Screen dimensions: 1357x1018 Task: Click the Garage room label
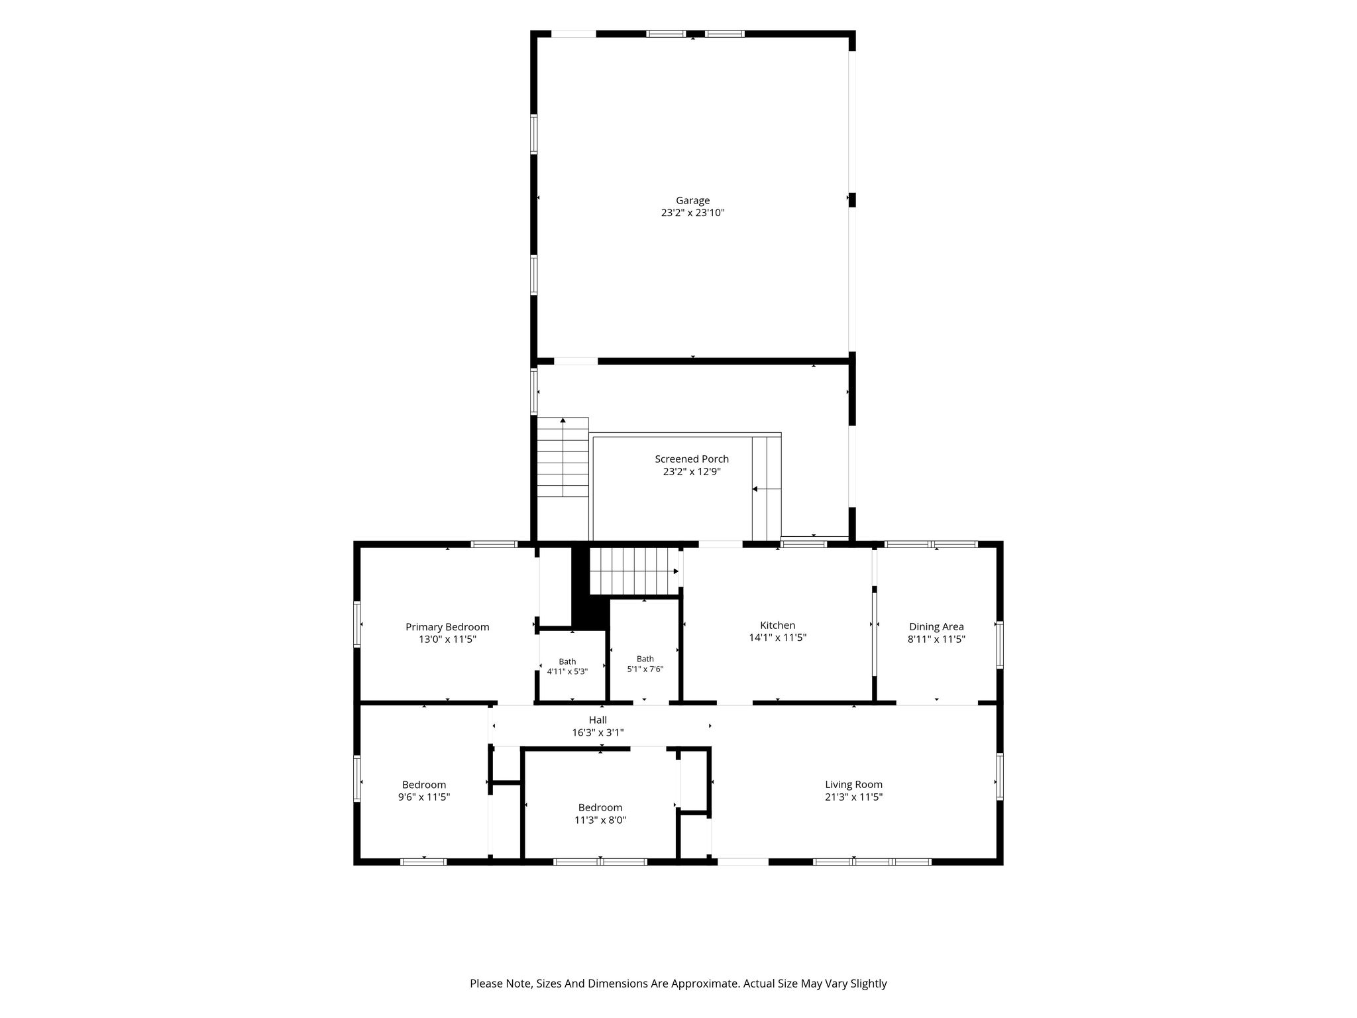pyautogui.click(x=692, y=200)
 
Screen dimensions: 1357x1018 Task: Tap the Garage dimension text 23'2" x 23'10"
pyautogui.click(x=692, y=213)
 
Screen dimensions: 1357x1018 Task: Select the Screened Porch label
pyautogui.click(x=692, y=459)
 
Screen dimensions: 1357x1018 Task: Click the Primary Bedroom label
pyautogui.click(x=447, y=627)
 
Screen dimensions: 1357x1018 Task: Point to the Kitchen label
pyautogui.click(x=777, y=625)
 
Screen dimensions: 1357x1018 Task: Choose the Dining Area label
pyautogui.click(x=936, y=627)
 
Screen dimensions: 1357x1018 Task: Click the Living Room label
pyautogui.click(x=853, y=785)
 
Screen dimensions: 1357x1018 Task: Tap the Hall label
pyautogui.click(x=598, y=720)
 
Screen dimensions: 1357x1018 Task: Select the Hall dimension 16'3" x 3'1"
pyautogui.click(x=598, y=733)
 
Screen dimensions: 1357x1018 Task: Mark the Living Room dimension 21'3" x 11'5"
pyautogui.click(x=853, y=797)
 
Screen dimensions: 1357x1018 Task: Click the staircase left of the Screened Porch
pyautogui.click(x=563, y=457)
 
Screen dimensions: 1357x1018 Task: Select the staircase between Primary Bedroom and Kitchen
pyautogui.click(x=635, y=571)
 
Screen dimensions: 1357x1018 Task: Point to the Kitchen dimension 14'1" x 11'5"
pyautogui.click(x=777, y=638)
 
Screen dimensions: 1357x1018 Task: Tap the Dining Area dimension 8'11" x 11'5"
pyautogui.click(x=936, y=640)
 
